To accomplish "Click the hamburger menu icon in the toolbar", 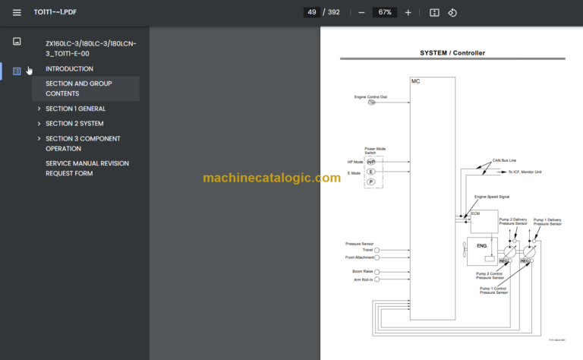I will coord(17,12).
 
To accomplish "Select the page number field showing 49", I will coord(311,12).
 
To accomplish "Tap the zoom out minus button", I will coord(361,12).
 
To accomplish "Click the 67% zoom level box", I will coord(385,12).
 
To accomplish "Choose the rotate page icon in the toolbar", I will coord(452,12).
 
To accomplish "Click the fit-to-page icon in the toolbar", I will coord(434,12).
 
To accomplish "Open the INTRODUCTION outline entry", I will coord(69,69).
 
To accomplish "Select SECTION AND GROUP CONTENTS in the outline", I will coord(79,88).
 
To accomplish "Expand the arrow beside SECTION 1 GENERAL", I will coord(39,109).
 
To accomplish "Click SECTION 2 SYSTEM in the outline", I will coord(74,124).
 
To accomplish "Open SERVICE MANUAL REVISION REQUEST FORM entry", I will coord(87,168).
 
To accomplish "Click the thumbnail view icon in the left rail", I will coord(17,41).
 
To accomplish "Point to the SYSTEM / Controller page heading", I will coord(452,53).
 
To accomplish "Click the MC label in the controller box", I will coord(415,81).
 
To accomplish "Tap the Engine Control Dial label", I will coord(370,96).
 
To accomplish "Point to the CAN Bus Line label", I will coord(504,160).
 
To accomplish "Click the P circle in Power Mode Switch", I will coord(371,182).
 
